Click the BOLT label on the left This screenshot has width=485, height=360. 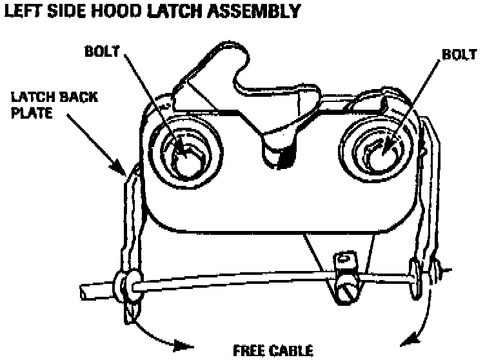pyautogui.click(x=101, y=50)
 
